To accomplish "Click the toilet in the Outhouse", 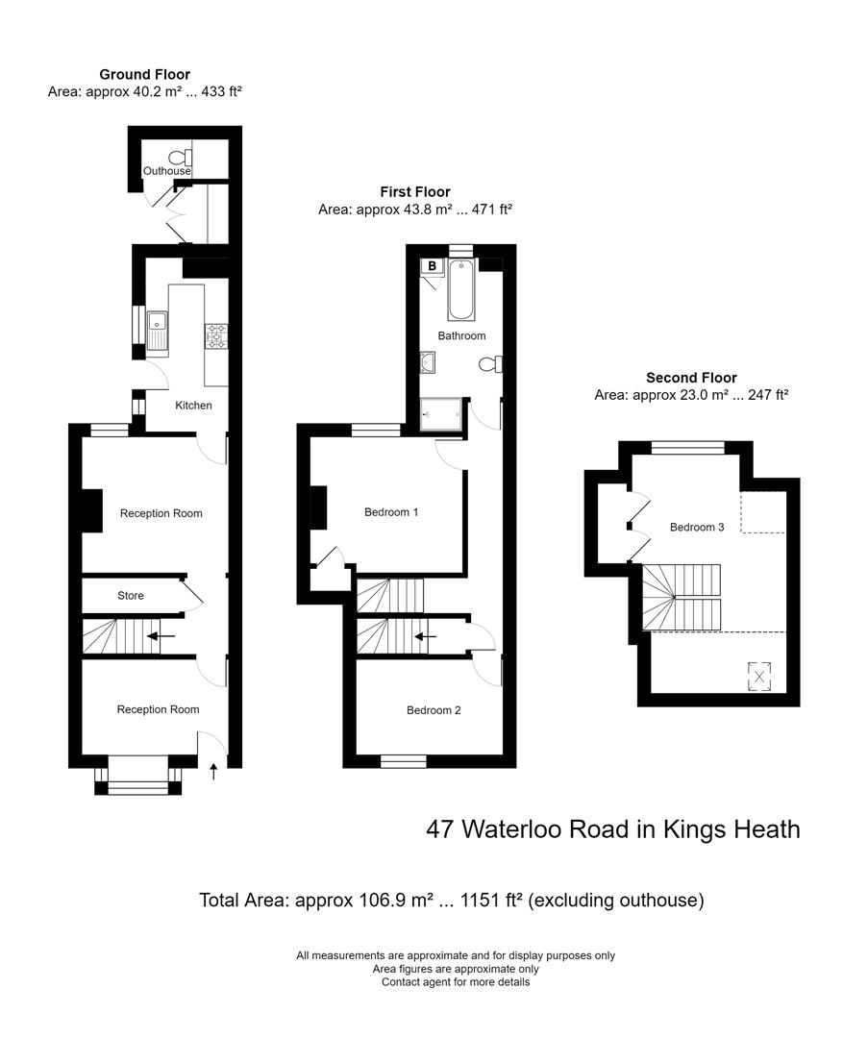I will pyautogui.click(x=177, y=158).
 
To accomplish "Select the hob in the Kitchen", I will pyautogui.click(x=216, y=335).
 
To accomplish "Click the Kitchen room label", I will pyautogui.click(x=193, y=406).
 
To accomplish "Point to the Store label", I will pyautogui.click(x=131, y=596).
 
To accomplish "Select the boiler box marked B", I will pyautogui.click(x=433, y=265).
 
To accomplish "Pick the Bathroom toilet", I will pyautogui.click(x=491, y=364).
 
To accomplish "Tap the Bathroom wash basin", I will pyautogui.click(x=428, y=362).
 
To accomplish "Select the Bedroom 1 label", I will pyautogui.click(x=391, y=512).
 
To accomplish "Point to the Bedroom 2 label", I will pyautogui.click(x=434, y=710).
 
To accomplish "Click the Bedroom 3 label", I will pyautogui.click(x=697, y=527).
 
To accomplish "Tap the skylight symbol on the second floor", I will pyautogui.click(x=760, y=676).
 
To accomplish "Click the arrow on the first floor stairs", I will pyautogui.click(x=424, y=635).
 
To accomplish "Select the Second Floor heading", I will pyautogui.click(x=691, y=378).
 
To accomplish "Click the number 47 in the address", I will pyautogui.click(x=440, y=828).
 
